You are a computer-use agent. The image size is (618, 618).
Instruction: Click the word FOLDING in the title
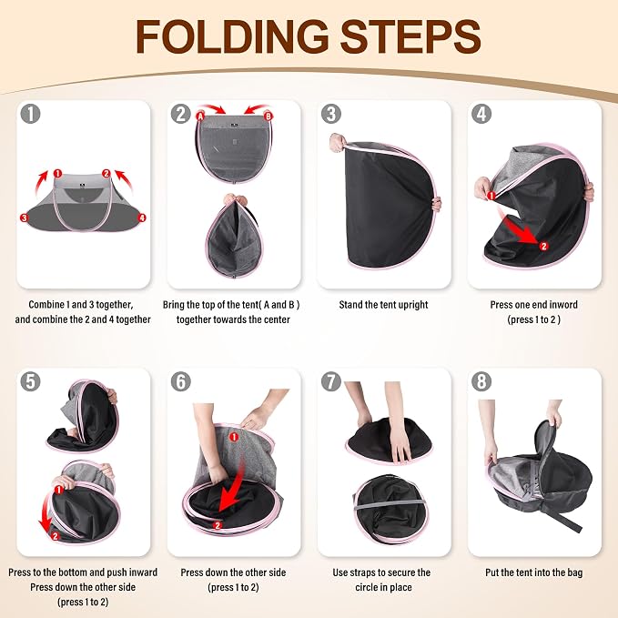[232, 36]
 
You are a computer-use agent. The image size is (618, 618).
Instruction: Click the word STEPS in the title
[410, 36]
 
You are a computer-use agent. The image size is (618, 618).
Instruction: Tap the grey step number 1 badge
[30, 114]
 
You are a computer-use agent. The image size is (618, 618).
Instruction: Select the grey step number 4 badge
[481, 114]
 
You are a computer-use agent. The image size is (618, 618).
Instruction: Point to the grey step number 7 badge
[331, 381]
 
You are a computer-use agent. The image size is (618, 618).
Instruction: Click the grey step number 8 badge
[481, 381]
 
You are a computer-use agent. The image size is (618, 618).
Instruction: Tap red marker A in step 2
[200, 117]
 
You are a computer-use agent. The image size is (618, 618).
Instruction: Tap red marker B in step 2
[268, 117]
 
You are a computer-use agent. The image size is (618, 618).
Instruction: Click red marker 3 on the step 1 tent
[24, 218]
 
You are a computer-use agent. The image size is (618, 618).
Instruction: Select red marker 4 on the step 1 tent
[142, 218]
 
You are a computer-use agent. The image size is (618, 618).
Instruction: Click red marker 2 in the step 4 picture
[543, 246]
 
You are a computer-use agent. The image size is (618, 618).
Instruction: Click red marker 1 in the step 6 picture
[234, 437]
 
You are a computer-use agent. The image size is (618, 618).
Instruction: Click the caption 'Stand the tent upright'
[383, 305]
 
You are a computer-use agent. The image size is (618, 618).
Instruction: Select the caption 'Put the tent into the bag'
[534, 572]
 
